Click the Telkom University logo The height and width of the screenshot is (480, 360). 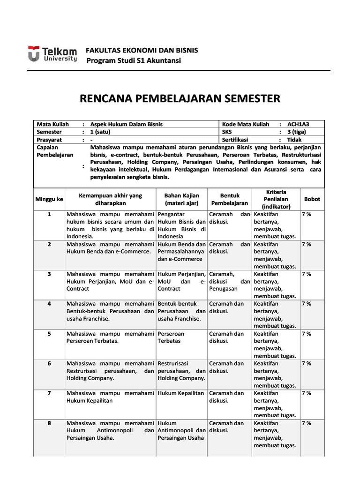tap(52, 54)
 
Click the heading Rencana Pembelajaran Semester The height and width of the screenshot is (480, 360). tap(180, 99)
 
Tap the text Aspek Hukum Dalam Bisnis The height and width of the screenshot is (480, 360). tap(127, 124)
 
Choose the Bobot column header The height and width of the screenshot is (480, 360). tap(312, 199)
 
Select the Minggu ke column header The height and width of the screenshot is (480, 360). tap(49, 199)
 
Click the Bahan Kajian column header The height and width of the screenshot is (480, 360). tap(182, 199)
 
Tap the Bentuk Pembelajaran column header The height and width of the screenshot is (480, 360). tap(229, 199)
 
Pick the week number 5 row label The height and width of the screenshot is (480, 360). tap(49, 334)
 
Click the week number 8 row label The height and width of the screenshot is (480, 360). tap(49, 423)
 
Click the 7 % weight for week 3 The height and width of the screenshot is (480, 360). tap(307, 274)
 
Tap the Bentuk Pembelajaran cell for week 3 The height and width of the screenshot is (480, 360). tap(229, 281)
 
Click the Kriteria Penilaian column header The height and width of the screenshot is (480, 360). tap(276, 199)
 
